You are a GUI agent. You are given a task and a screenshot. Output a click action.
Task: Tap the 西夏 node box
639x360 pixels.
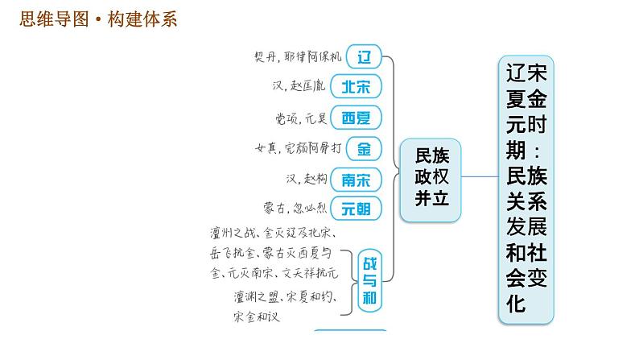coord(356,118)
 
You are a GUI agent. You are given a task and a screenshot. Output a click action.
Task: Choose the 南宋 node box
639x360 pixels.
coord(356,179)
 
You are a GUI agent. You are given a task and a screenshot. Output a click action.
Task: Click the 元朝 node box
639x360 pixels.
coord(356,209)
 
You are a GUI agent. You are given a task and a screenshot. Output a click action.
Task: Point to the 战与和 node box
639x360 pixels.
coord(371,279)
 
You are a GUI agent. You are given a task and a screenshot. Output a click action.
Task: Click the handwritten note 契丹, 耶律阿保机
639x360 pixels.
coord(297,57)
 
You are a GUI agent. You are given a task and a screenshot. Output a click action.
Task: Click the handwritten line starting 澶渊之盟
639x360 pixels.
coord(282,295)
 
